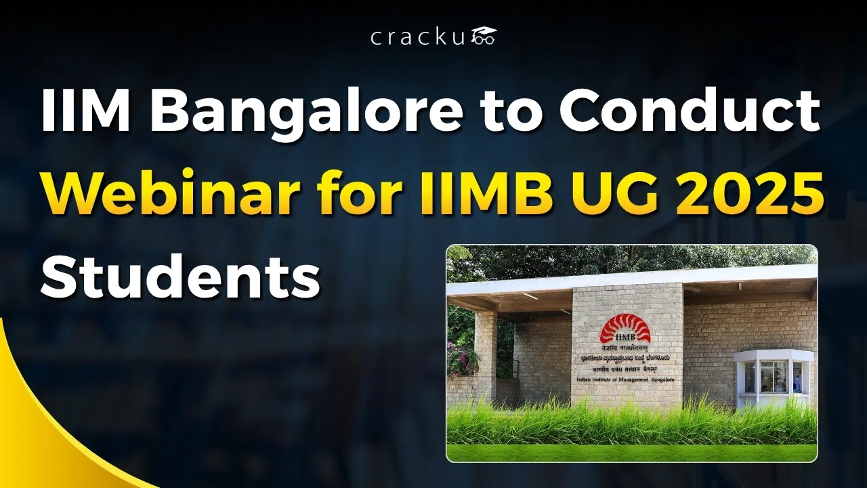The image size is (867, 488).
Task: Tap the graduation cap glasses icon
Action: tap(484, 36)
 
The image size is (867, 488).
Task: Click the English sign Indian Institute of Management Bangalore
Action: tap(624, 382)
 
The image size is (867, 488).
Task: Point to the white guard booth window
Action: tap(772, 375)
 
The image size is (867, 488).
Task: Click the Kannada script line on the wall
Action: tap(625, 359)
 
